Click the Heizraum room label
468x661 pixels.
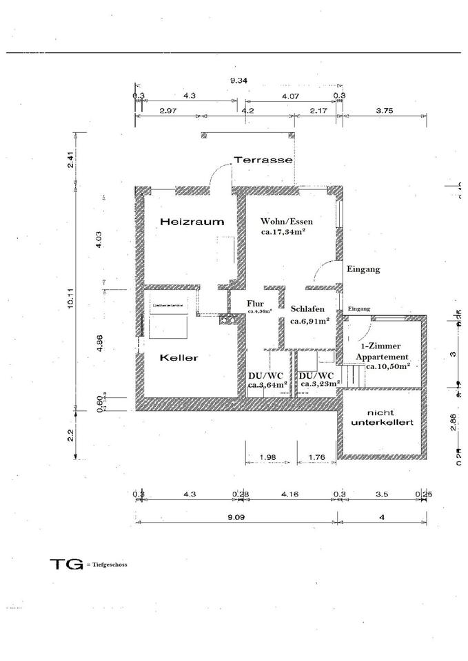pos(192,222)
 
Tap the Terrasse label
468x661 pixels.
pos(263,159)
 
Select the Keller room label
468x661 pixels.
pos(179,357)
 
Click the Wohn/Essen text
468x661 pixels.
pos(287,221)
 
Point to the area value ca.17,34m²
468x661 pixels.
pos(283,233)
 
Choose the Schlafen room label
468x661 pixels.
pos(307,309)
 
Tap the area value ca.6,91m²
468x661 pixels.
pos(309,320)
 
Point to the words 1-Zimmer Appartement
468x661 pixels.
pos(383,351)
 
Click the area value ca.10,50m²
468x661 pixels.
pos(388,366)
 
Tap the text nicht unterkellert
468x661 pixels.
pos(382,416)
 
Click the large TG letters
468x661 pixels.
pos(66,563)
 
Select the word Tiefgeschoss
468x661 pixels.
pos(109,564)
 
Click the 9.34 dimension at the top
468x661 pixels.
pos(238,81)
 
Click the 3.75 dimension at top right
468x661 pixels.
pos(384,110)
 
